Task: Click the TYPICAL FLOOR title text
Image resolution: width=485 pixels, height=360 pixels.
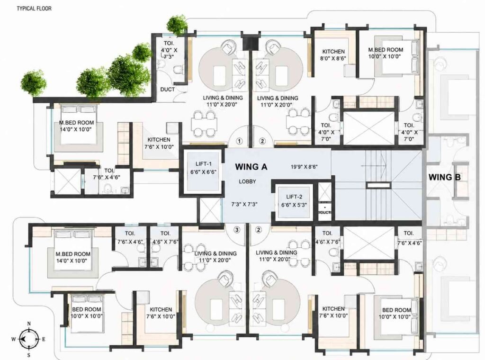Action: (34, 9)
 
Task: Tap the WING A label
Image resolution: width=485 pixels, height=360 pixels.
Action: (251, 167)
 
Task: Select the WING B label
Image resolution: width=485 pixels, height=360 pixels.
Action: (444, 177)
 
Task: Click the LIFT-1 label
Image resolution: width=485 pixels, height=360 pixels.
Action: (203, 164)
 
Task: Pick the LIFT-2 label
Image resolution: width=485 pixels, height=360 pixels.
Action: (294, 197)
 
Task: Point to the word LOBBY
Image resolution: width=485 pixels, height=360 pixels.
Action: (247, 181)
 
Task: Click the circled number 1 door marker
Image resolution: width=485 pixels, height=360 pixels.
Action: (239, 141)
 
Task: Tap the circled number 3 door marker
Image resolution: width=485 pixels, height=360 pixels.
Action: (237, 230)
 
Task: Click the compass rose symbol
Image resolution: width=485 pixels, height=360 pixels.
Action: (28, 339)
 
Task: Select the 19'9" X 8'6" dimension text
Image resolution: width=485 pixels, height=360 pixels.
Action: (304, 167)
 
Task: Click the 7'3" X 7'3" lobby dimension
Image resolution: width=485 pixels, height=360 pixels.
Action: (244, 205)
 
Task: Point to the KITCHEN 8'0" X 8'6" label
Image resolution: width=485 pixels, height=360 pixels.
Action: (333, 55)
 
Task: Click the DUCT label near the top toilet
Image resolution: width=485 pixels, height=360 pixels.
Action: (167, 90)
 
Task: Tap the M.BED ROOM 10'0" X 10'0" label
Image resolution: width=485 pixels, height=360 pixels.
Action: (386, 53)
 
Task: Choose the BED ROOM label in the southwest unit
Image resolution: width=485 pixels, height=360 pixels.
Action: (86, 313)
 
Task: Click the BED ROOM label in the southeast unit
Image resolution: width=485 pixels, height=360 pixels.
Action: (396, 313)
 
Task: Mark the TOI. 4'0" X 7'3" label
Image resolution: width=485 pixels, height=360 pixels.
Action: (169, 50)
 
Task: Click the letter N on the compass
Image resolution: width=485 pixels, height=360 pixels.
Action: (29, 324)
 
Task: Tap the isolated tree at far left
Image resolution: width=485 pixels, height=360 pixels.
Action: (34, 83)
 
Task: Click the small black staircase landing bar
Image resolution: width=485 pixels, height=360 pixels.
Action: (378, 185)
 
